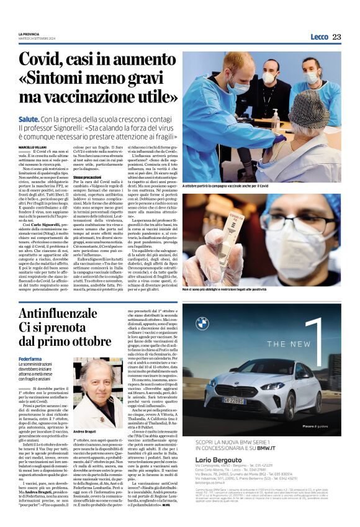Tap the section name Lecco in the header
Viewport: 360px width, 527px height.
pos(319,37)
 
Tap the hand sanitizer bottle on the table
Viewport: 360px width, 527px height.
pos(275,122)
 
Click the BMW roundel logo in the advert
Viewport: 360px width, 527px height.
pos(202,323)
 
